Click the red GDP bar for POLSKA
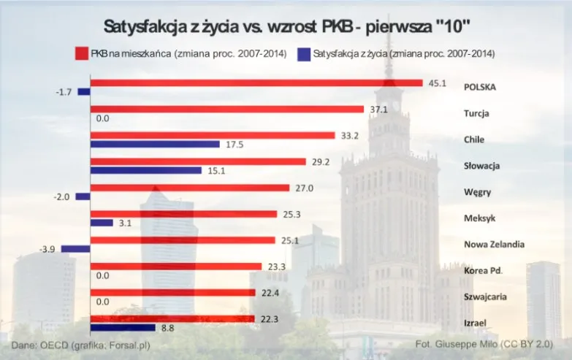256,83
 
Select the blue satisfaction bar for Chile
154,144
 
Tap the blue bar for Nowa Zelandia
75,249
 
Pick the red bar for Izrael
172,319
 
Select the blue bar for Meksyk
102,223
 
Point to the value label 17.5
234,145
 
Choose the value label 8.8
167,329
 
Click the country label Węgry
477,192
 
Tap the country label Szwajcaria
486,297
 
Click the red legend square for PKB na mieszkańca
81,53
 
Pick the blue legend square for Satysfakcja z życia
304,53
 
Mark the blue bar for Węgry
83,196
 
